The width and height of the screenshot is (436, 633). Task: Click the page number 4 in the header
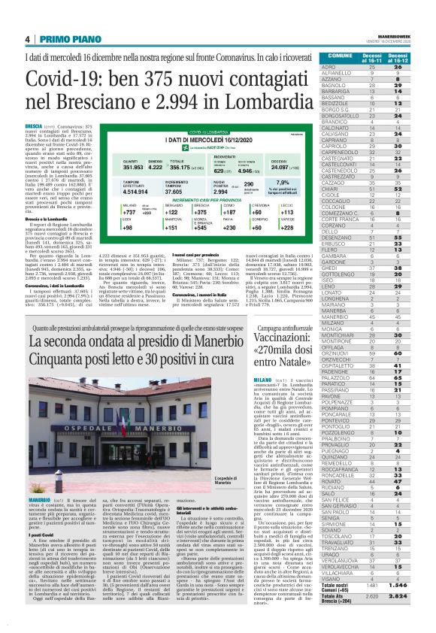click(27, 40)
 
